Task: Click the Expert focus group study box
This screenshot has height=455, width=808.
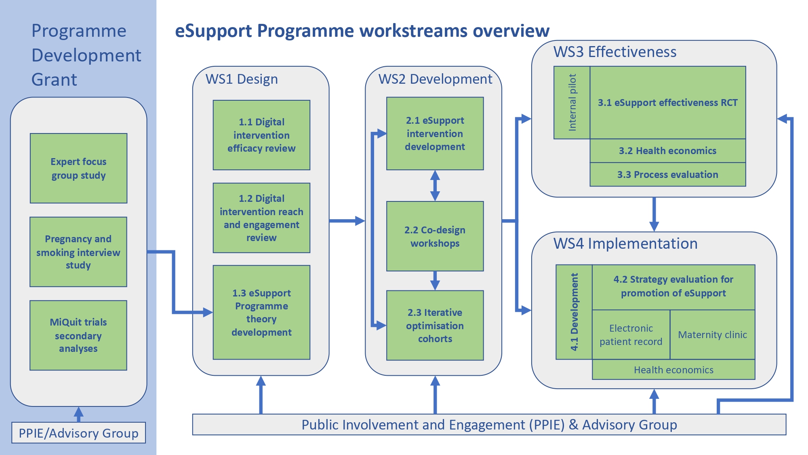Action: [x=78, y=168]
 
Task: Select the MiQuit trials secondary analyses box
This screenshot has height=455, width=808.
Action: [x=78, y=335]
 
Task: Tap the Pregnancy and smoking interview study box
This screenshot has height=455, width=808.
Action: [x=78, y=252]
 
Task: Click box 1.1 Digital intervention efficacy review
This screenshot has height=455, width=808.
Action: [x=261, y=135]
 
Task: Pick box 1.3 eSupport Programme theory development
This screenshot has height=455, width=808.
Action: [x=261, y=312]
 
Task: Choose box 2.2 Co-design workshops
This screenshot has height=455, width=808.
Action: [x=435, y=236]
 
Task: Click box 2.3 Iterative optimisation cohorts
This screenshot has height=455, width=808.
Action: [x=435, y=325]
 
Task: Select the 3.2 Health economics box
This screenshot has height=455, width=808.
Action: [x=668, y=151]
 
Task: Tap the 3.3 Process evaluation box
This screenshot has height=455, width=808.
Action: [x=668, y=174]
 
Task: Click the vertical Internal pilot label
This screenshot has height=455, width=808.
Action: [x=572, y=102]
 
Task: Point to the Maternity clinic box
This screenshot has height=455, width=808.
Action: [x=713, y=334]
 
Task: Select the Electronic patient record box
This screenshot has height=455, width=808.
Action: [x=631, y=334]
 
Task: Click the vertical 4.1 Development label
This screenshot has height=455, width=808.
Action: [x=574, y=312]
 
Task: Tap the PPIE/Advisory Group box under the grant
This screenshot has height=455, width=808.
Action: [x=78, y=433]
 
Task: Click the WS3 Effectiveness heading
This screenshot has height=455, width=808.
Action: [x=615, y=52]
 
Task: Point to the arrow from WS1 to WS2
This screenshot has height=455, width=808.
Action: [x=347, y=221]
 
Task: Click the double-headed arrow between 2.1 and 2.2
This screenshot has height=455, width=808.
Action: [x=435, y=186]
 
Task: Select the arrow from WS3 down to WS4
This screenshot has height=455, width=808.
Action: [x=654, y=214]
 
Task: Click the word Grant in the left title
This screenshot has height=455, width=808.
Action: [x=54, y=79]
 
